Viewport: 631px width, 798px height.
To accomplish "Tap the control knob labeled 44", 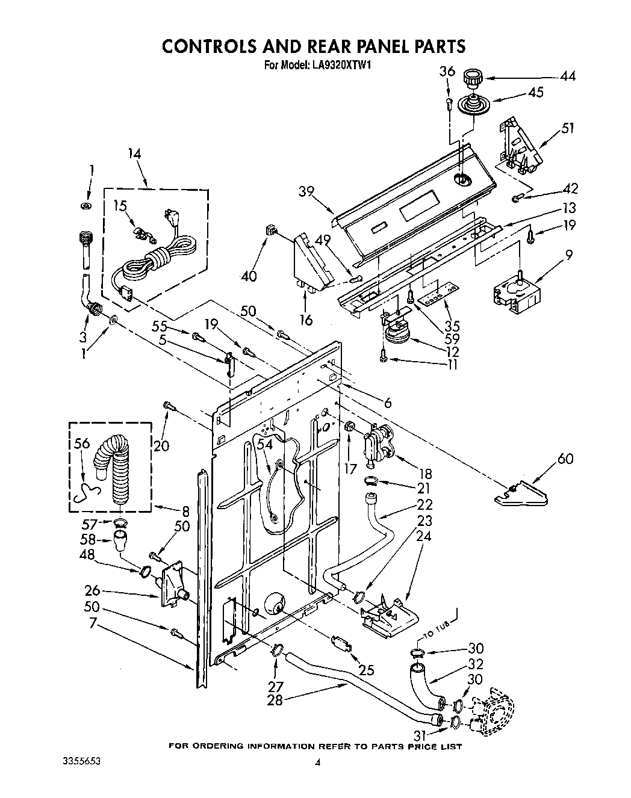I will [x=473, y=79].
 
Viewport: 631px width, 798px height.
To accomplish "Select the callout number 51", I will [x=567, y=128].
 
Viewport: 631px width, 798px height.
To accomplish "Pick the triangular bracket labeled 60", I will [x=521, y=493].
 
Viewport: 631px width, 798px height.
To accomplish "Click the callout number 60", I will [x=565, y=459].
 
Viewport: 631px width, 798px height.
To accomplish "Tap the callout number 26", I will [x=92, y=591].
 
